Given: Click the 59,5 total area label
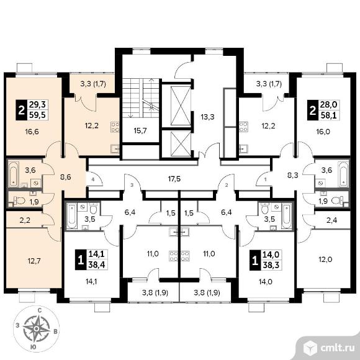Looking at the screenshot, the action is click(37, 115).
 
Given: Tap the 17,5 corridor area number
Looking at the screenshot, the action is click(174, 179).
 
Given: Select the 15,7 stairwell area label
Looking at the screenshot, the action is click(140, 131).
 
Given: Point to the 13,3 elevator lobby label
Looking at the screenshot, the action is click(207, 117).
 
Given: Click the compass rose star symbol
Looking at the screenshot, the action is click(36, 329).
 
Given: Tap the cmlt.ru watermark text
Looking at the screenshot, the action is click(337, 348).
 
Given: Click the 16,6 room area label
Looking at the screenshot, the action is click(32, 132).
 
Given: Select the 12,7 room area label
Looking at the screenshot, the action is click(34, 261).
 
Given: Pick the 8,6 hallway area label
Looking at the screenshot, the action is click(65, 177).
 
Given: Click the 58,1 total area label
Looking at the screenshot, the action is click(328, 115).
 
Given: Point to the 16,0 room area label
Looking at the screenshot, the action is click(323, 132).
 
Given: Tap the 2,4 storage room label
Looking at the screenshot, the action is click(332, 220).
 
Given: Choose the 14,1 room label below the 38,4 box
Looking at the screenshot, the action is click(91, 281).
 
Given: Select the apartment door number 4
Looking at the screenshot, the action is click(92, 180).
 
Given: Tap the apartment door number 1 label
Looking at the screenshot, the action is click(266, 180).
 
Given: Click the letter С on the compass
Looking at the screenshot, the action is click(39, 311).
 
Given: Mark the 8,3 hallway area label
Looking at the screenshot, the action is click(293, 176).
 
